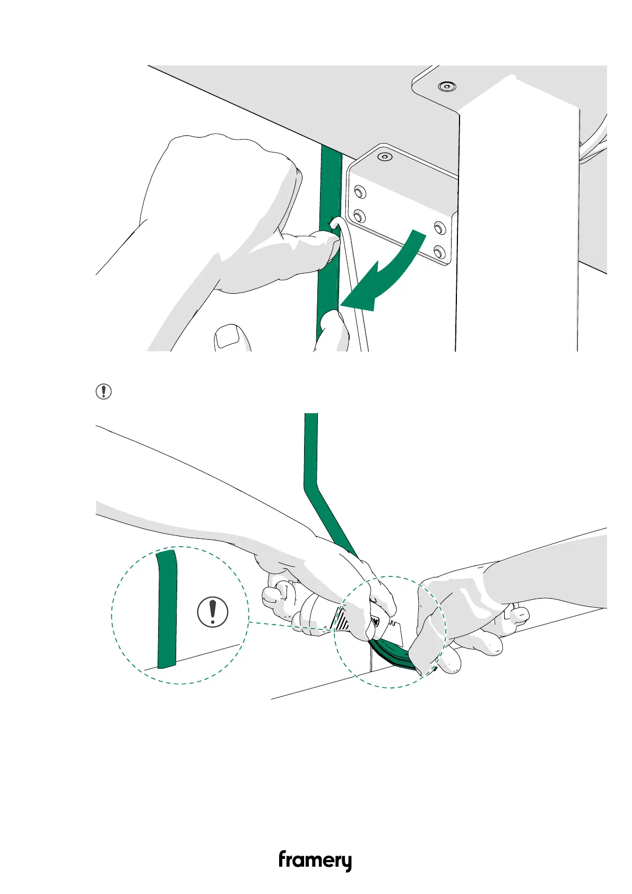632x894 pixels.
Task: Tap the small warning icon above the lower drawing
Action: [103, 391]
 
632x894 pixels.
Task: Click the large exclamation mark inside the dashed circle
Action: [213, 611]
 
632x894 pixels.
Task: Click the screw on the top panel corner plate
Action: [447, 86]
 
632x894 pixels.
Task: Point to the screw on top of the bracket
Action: [384, 157]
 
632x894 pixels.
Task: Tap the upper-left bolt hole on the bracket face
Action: [359, 191]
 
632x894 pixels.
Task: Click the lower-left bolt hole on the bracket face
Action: [359, 216]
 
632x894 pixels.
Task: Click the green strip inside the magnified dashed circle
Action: [167, 611]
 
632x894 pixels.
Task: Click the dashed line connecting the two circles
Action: [289, 626]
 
